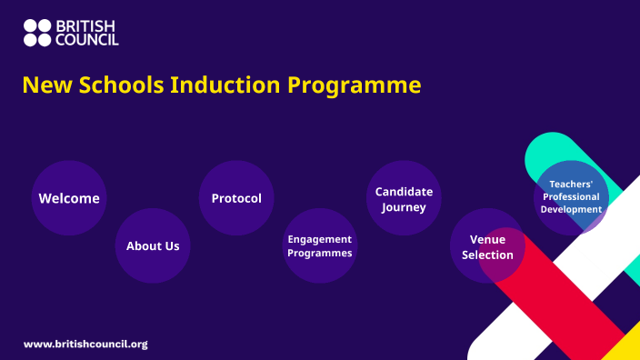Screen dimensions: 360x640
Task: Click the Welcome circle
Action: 69,198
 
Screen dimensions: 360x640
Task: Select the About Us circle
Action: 153,245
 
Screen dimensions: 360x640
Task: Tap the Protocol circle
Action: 236,198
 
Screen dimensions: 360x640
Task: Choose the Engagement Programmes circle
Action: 320,245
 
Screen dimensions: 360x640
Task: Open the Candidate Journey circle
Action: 404,198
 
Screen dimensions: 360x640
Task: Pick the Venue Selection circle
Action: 487,246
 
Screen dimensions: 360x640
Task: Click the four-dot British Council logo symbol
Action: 37,33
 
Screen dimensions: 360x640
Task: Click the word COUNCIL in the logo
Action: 87,40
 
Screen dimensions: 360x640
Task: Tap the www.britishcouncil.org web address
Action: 85,345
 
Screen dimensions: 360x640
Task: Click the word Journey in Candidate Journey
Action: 404,207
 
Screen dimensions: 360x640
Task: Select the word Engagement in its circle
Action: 320,239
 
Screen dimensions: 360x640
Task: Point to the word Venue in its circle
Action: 487,239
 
